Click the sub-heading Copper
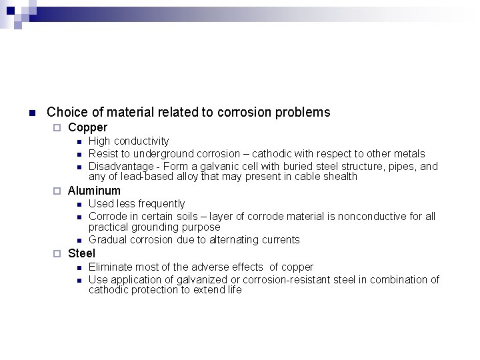pyautogui.click(x=87, y=127)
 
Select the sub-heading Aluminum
pyautogui.click(x=94, y=191)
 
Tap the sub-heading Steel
pyautogui.click(x=81, y=253)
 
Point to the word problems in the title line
pyautogui.click(x=307, y=112)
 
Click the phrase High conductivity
pyautogui.click(x=129, y=141)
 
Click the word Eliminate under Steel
pyautogui.click(x=111, y=267)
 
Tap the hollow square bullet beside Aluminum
pyautogui.click(x=57, y=191)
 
